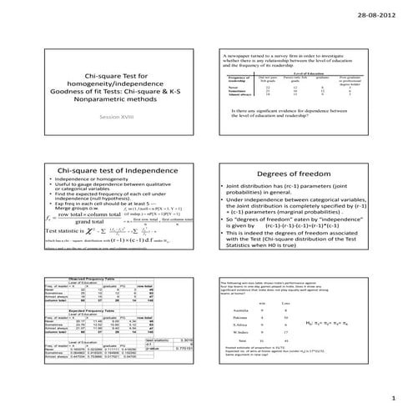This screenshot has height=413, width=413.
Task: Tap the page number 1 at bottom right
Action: point(392,398)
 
